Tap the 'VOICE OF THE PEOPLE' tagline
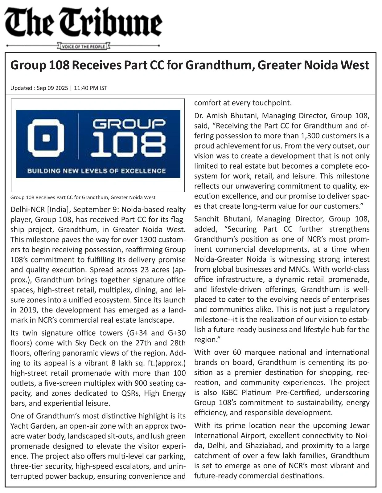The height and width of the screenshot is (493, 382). pyautogui.click(x=84, y=47)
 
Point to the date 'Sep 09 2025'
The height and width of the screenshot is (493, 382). pyautogui.click(x=52, y=88)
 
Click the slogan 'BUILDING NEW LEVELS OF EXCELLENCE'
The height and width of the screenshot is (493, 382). pyautogui.click(x=97, y=171)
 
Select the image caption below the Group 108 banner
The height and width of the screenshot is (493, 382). pyautogui.click(x=83, y=197)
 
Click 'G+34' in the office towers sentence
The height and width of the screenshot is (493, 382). pyautogui.click(x=137, y=333)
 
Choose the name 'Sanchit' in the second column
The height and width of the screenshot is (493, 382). pyautogui.click(x=207, y=219)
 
